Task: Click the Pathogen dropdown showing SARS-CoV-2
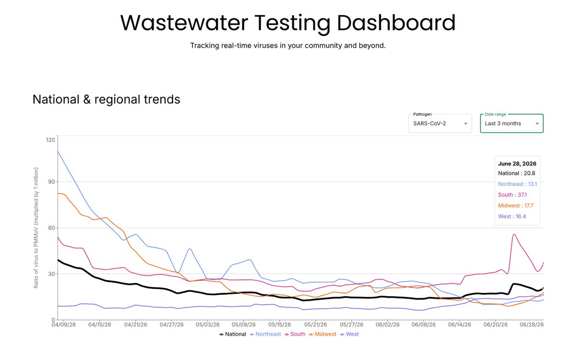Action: [x=440, y=124]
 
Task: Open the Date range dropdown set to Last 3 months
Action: [x=512, y=124]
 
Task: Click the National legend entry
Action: [x=232, y=334]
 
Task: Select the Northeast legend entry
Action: [x=265, y=334]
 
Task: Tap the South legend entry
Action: [x=295, y=334]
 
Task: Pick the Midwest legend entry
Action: [x=323, y=334]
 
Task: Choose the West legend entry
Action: [x=349, y=334]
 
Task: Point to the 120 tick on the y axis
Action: [x=50, y=140]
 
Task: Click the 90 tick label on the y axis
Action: [x=52, y=182]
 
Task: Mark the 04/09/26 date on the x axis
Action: [x=63, y=325]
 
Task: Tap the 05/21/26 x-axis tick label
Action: [x=315, y=325]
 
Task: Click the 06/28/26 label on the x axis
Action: [x=531, y=325]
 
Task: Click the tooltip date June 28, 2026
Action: [x=517, y=164]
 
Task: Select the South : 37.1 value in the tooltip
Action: [x=512, y=195]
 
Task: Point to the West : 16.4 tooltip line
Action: [x=512, y=216]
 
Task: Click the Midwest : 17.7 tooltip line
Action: [x=516, y=206]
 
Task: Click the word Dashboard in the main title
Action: [x=396, y=23]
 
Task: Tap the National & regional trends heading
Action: [x=106, y=99]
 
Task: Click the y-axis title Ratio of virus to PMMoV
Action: [x=36, y=228]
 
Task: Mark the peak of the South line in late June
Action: [x=514, y=234]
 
